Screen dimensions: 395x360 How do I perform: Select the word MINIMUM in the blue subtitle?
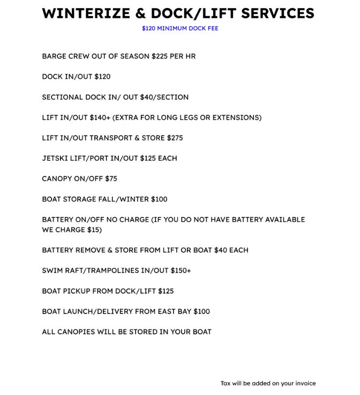tap(174, 28)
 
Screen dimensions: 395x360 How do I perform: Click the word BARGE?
tap(54, 56)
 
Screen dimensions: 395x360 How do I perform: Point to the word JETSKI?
tap(54, 158)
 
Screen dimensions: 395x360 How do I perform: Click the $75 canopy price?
tap(111, 178)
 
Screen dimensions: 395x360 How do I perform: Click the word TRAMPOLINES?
tap(110, 270)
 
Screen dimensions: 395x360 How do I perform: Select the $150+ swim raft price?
tap(181, 270)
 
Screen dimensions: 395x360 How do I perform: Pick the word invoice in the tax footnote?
tap(304, 383)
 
